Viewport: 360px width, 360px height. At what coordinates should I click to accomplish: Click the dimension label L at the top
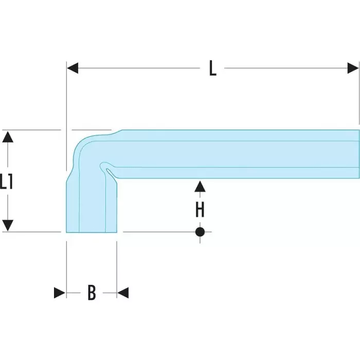tap(212, 68)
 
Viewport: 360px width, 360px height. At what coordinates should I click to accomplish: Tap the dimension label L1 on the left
tap(7, 182)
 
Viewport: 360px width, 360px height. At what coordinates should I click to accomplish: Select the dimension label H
tap(200, 209)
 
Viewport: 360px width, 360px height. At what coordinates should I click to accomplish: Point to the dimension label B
tap(91, 293)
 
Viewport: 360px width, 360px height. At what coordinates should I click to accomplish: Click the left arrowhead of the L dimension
tap(73, 68)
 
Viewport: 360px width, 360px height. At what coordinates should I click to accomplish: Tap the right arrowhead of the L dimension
tap(353, 68)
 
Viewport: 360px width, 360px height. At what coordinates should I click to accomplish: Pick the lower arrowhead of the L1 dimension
tap(7, 225)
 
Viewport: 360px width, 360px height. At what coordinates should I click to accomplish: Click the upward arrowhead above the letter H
tap(200, 186)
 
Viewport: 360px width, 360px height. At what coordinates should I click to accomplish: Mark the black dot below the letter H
tap(200, 231)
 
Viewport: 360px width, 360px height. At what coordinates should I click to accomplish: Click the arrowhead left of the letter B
tap(60, 293)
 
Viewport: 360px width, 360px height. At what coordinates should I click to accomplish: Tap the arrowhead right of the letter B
tap(123, 293)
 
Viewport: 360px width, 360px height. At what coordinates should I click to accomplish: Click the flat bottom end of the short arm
tap(92, 232)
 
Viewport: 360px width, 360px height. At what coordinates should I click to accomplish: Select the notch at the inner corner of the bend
tap(105, 167)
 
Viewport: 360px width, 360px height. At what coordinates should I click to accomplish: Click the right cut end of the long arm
tap(358, 154)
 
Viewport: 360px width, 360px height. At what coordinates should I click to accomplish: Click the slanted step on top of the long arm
tap(116, 132)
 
